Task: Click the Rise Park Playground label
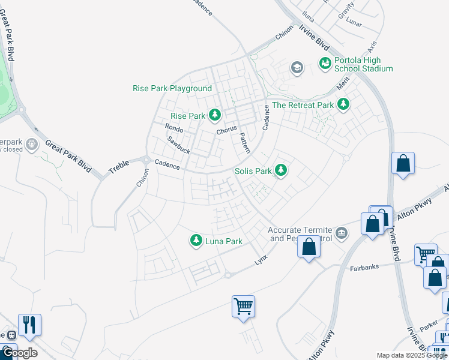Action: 172,88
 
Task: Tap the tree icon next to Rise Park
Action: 214,115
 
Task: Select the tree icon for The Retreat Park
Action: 343,105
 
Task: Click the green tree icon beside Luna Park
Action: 196,241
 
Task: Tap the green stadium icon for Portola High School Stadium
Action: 325,63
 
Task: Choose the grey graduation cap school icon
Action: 297,67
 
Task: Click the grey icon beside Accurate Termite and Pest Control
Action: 342,232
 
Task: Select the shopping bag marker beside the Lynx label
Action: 309,247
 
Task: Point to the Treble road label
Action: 119,167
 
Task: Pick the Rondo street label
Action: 173,128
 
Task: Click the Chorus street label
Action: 227,131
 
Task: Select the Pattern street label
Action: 245,143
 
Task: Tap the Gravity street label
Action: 346,12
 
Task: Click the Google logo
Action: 19,353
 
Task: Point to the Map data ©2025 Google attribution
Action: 412,355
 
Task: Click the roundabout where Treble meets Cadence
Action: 145,160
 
